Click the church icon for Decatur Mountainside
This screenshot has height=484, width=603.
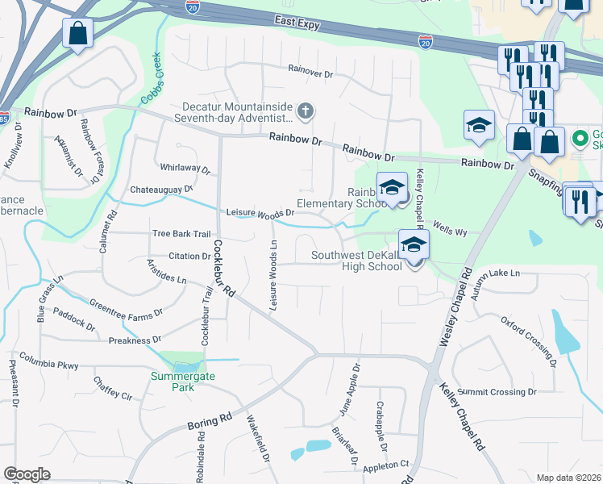pos(306,111)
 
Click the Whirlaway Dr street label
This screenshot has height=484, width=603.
pos(185,171)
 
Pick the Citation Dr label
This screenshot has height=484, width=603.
pos(189,257)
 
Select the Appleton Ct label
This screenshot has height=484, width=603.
pos(387,465)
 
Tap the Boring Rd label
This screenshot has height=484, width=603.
pos(210,421)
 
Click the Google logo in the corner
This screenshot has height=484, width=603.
pos(27,474)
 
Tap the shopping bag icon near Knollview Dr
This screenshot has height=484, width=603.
pos(77,35)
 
